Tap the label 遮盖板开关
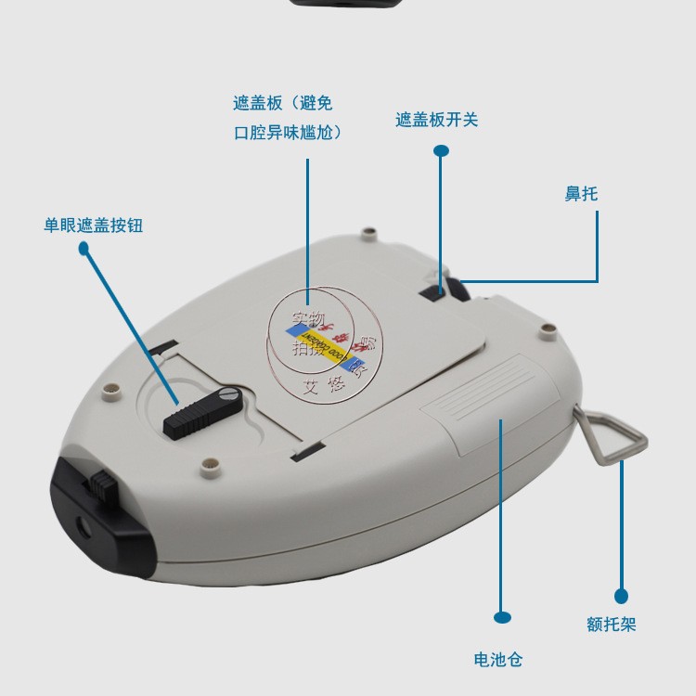[x=436, y=120]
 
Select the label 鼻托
[x=581, y=194]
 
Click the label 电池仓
[x=498, y=660]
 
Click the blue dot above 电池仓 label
[x=502, y=616]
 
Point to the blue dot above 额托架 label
[x=621, y=596]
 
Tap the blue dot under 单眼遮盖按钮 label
[x=84, y=249]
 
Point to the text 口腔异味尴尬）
[x=288, y=133]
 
